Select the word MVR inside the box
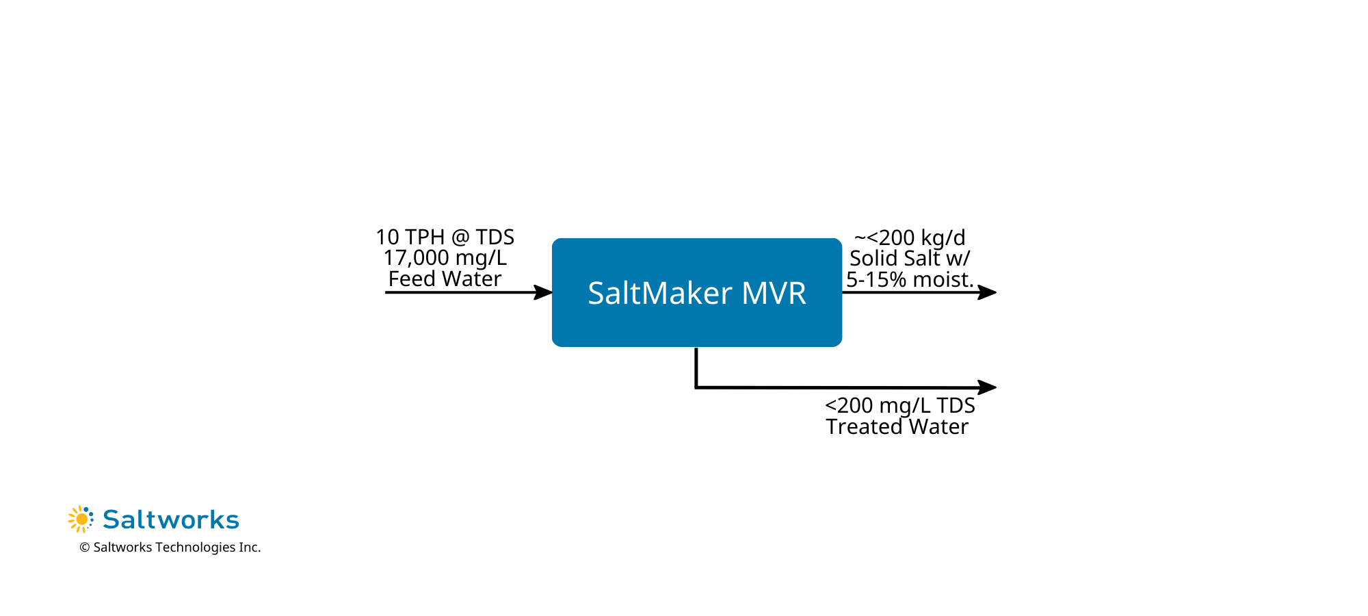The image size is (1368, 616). [x=774, y=293]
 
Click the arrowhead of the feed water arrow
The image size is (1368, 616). [x=544, y=292]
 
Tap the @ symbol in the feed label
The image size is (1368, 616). [x=460, y=238]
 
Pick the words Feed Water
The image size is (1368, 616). [x=445, y=279]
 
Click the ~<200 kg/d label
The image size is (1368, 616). [x=910, y=238]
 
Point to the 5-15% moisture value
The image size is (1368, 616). [x=876, y=280]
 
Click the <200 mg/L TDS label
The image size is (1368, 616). [x=899, y=405]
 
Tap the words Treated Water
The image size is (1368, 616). [x=897, y=427]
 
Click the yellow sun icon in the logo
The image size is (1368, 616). [x=81, y=519]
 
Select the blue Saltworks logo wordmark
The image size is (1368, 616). [x=171, y=519]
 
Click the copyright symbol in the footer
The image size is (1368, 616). [x=85, y=548]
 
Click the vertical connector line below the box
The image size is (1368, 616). [x=696, y=368]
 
